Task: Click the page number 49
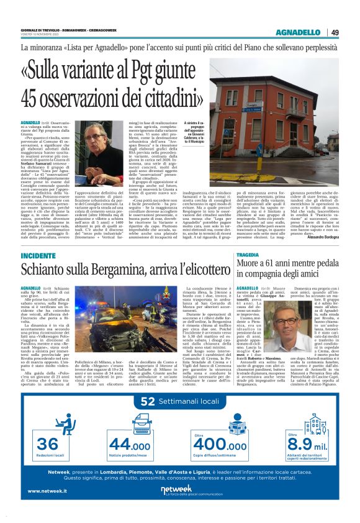tap(335, 32)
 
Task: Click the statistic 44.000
tap(129, 445)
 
